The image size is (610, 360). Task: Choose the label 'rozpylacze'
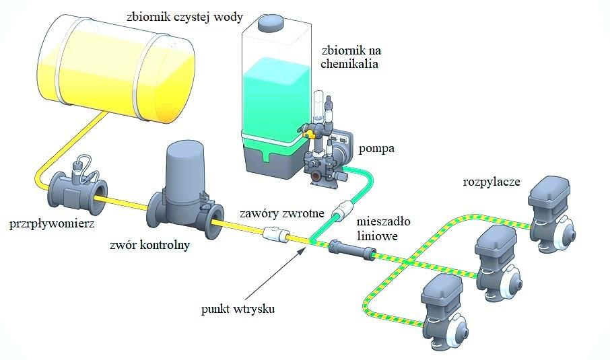(492, 182)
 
